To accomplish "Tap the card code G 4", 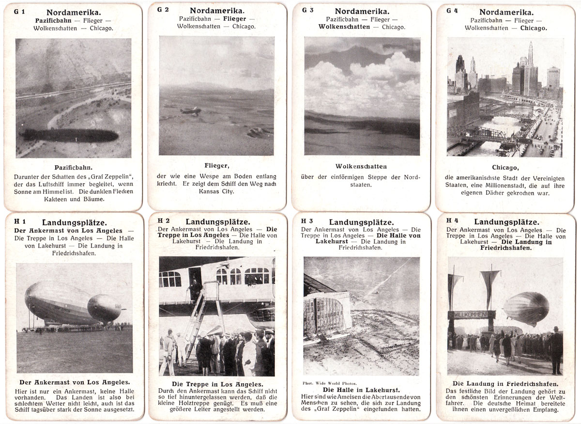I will click(x=452, y=11).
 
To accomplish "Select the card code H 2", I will click(x=164, y=220).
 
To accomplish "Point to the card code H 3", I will click(x=307, y=221).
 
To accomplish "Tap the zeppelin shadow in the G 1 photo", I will click(x=70, y=135).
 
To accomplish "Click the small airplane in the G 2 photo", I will click(x=190, y=111).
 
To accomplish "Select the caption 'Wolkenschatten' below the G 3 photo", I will click(x=361, y=167).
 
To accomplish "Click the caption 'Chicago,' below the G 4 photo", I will click(x=505, y=168).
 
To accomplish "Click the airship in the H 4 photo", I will click(x=526, y=308).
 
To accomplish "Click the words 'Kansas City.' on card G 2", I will click(x=216, y=191).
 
